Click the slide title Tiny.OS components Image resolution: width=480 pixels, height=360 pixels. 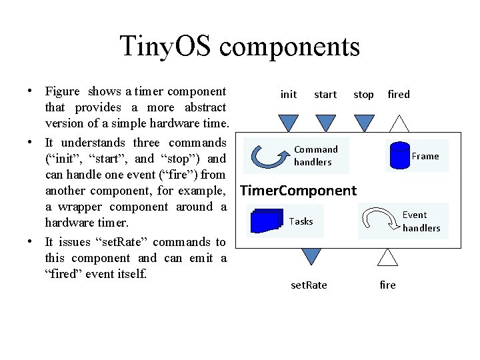[239, 47]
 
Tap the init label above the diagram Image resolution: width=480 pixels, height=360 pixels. [289, 95]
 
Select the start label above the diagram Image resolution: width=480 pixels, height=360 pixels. [325, 95]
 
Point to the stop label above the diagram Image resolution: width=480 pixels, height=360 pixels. [363, 95]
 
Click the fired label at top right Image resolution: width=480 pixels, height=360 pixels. [399, 95]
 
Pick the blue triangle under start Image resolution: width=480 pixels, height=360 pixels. [326, 123]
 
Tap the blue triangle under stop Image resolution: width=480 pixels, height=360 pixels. [363, 123]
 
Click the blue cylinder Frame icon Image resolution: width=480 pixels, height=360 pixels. [399, 156]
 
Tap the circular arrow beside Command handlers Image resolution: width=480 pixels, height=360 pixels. [269, 156]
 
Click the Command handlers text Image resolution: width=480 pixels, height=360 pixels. [315, 156]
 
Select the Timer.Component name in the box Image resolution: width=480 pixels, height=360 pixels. [298, 191]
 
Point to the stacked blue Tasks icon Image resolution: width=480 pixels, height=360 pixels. [268, 221]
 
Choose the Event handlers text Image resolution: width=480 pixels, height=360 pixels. [421, 221]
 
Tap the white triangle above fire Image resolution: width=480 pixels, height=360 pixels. [387, 256]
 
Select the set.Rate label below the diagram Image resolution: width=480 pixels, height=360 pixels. [309, 285]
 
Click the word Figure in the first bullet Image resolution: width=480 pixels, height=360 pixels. [62, 91]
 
